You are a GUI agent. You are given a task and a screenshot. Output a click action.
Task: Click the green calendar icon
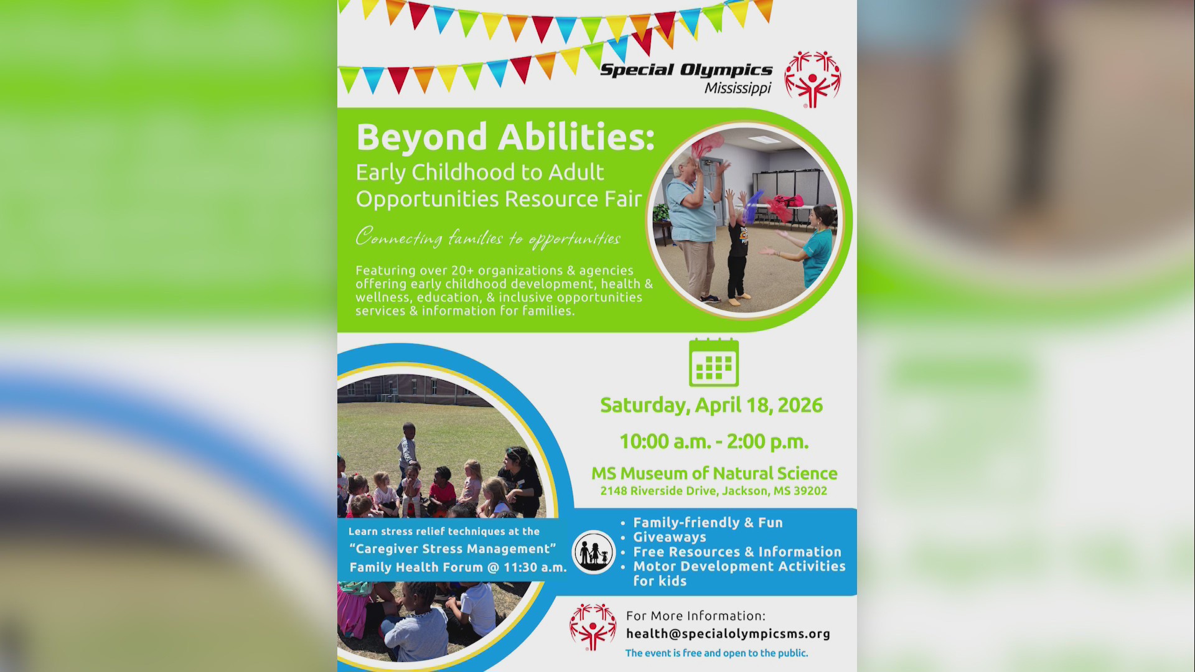coord(714,363)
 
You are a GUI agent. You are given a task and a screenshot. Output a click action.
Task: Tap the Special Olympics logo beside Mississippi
coord(812,79)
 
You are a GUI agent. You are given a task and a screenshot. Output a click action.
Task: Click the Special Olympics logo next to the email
coord(593,627)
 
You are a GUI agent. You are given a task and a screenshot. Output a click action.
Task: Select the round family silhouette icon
coord(594,552)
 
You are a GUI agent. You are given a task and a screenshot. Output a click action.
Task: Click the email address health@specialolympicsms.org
coord(728,633)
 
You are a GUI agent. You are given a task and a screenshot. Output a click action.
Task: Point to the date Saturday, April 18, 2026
coord(711,405)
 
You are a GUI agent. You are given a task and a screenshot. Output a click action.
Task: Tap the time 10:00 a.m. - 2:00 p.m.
coord(714,442)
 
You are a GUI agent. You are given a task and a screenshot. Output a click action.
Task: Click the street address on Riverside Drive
coord(714,491)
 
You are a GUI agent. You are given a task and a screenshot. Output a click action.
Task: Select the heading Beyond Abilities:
coord(505,137)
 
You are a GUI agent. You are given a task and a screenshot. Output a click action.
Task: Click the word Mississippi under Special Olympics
coord(738,88)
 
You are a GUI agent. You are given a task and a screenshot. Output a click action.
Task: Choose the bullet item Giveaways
coord(670,537)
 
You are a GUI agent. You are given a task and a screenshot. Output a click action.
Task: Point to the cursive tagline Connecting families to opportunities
coord(488,238)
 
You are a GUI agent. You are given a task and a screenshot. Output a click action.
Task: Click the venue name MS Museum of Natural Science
coord(714,474)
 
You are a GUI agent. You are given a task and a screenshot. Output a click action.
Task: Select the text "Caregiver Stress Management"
coord(452,549)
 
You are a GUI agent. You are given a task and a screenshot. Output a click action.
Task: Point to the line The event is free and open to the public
coord(716,653)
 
